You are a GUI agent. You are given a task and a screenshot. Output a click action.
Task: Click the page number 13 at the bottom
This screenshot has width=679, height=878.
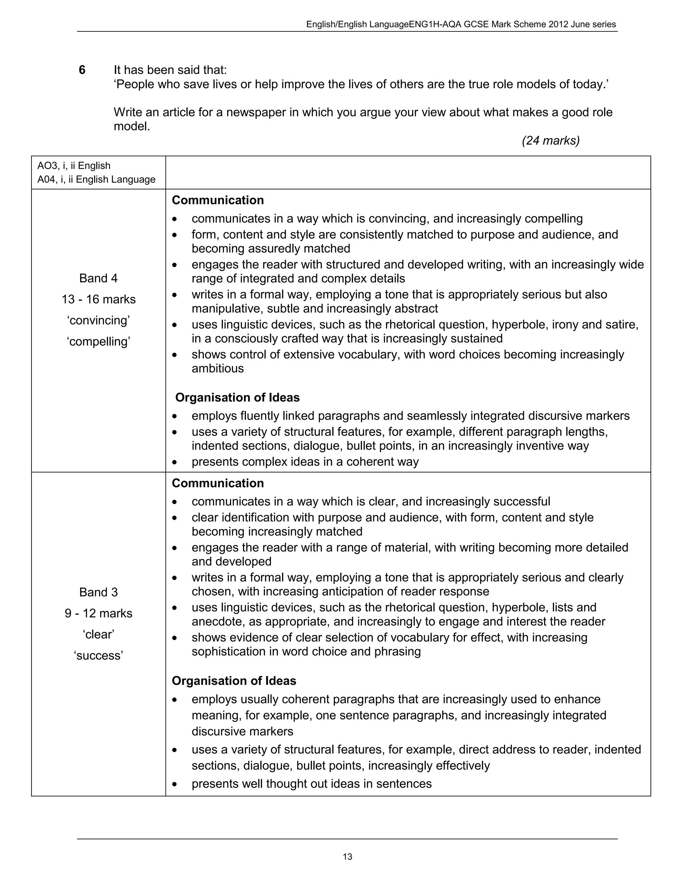(x=347, y=856)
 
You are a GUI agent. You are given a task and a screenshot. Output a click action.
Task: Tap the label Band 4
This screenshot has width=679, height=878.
(x=98, y=278)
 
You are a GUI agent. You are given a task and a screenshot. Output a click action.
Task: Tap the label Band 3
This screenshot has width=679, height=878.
(x=98, y=592)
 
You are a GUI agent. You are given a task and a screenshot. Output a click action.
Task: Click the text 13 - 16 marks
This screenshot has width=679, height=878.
(x=98, y=300)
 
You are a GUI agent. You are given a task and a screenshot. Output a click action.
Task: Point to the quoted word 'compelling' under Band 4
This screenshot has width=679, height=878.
(x=98, y=342)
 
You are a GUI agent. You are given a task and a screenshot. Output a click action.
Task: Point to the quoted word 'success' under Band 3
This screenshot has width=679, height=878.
(x=98, y=656)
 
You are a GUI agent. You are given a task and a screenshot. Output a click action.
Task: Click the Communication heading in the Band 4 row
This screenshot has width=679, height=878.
(x=217, y=200)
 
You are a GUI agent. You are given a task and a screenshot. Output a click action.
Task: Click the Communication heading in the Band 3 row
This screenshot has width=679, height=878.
(x=217, y=483)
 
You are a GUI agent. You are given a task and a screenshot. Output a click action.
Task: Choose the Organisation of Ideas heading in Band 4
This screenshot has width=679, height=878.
(x=237, y=398)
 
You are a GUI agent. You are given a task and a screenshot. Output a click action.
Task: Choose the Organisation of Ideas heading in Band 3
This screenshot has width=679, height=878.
(x=234, y=681)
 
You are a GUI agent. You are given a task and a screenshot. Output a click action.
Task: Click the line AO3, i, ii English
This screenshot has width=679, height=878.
(x=74, y=166)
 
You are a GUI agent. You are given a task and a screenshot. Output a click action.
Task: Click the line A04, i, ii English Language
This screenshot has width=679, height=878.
(x=96, y=179)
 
